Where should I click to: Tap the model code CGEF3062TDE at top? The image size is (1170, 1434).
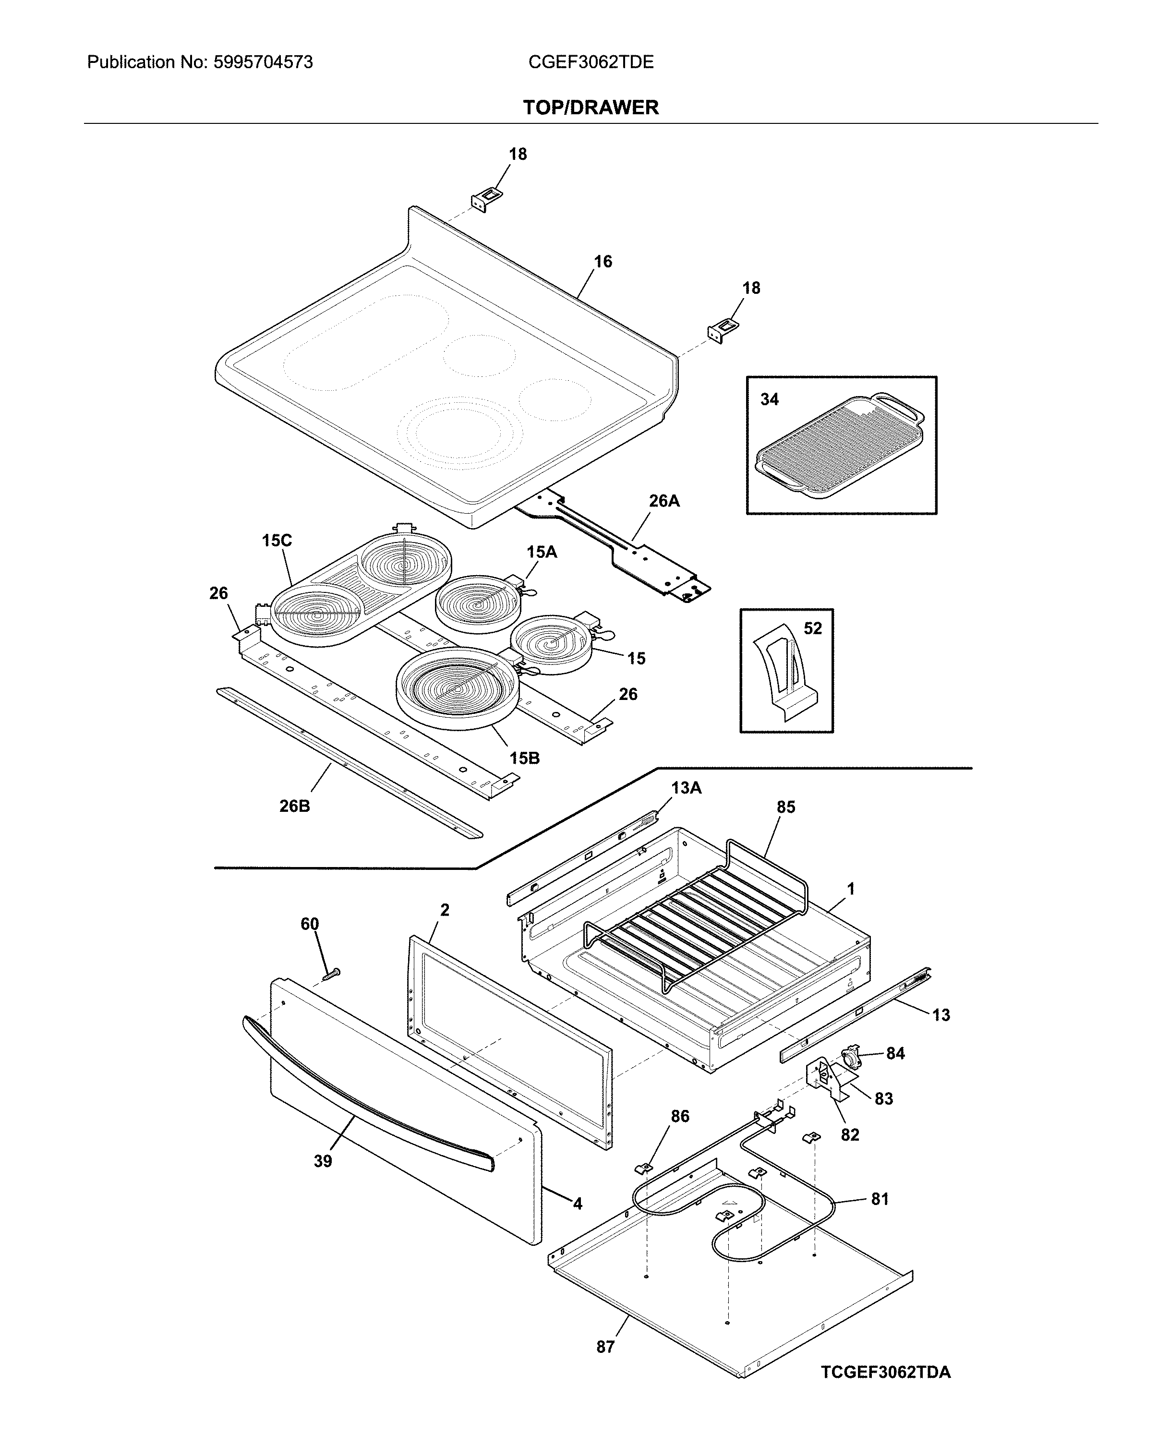(x=591, y=63)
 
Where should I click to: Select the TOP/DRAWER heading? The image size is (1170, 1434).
(x=591, y=107)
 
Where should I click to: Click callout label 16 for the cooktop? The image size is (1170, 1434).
(x=603, y=262)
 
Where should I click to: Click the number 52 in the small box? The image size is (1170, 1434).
(x=813, y=628)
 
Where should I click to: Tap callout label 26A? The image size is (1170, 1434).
(x=664, y=501)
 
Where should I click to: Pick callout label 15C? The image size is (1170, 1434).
(x=277, y=541)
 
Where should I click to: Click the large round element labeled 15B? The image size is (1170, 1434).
(x=458, y=687)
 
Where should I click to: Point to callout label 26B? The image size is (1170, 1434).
(x=294, y=805)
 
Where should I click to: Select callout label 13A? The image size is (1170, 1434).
(x=686, y=788)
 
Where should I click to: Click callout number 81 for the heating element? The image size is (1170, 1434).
(x=880, y=1199)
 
